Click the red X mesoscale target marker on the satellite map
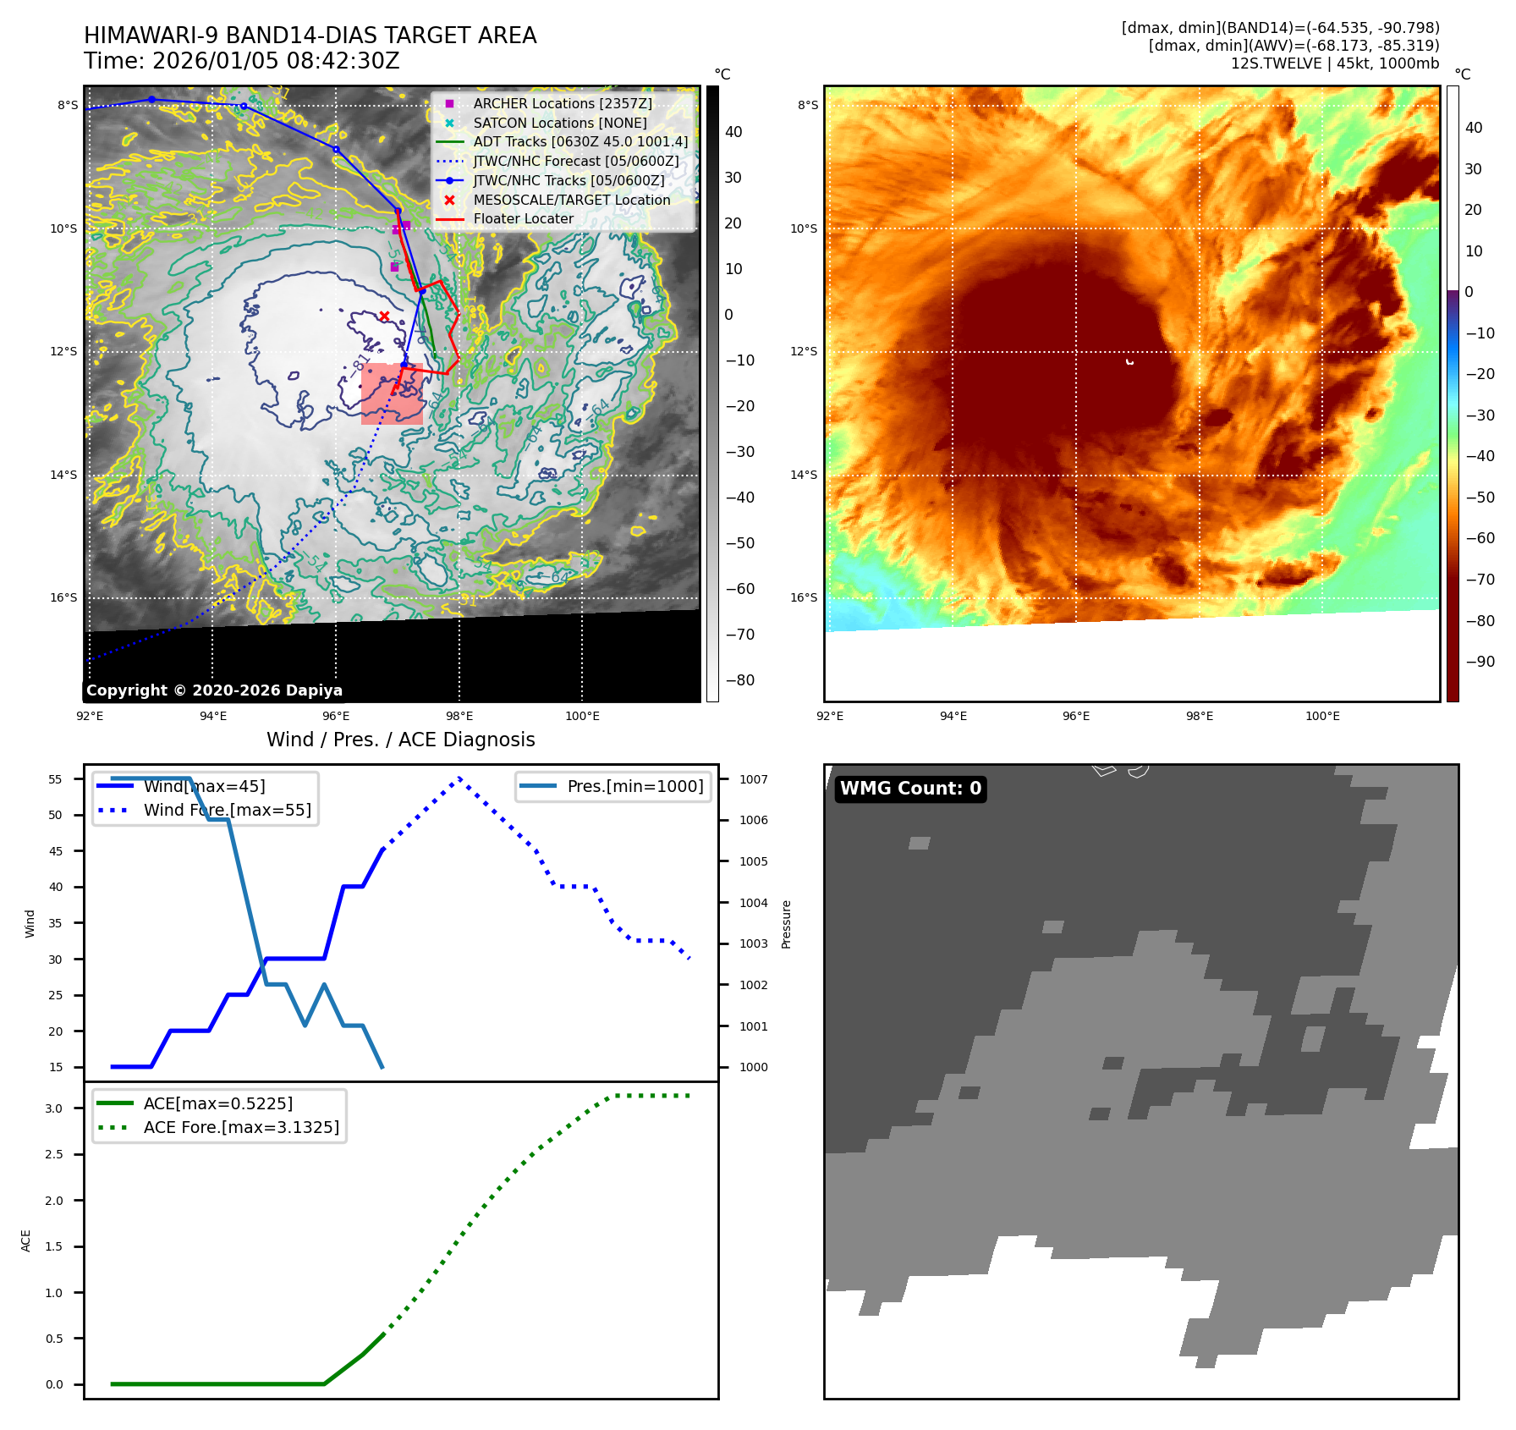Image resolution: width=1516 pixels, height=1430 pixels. click(x=384, y=316)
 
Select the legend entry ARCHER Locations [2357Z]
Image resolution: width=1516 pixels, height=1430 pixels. click(x=563, y=103)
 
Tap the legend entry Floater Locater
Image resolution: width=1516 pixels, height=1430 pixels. click(x=523, y=218)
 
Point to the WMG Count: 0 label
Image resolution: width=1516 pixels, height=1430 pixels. click(x=910, y=789)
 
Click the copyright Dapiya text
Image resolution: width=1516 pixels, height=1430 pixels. click(x=214, y=690)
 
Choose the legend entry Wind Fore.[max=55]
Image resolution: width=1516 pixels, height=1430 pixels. click(x=227, y=810)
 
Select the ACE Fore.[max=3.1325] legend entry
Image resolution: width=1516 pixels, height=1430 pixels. click(x=241, y=1127)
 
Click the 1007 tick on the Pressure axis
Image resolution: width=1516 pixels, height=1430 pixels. click(x=753, y=779)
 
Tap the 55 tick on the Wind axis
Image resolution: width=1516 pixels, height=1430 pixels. click(x=56, y=779)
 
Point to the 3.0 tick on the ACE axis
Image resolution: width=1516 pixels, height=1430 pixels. click(x=54, y=1108)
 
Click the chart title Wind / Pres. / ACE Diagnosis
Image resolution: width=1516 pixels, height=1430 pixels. click(x=400, y=740)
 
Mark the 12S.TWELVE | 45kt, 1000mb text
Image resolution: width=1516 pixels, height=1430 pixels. click(x=1334, y=63)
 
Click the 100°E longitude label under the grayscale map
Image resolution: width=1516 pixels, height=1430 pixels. click(x=582, y=716)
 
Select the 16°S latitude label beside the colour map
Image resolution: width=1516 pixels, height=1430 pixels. click(x=804, y=597)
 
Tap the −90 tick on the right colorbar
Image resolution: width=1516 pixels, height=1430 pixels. click(x=1480, y=662)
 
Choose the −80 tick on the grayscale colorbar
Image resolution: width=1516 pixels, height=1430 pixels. click(x=739, y=680)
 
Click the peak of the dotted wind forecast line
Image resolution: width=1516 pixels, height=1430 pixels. click(x=459, y=778)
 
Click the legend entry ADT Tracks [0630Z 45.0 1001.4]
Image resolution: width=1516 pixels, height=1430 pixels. click(x=580, y=141)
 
